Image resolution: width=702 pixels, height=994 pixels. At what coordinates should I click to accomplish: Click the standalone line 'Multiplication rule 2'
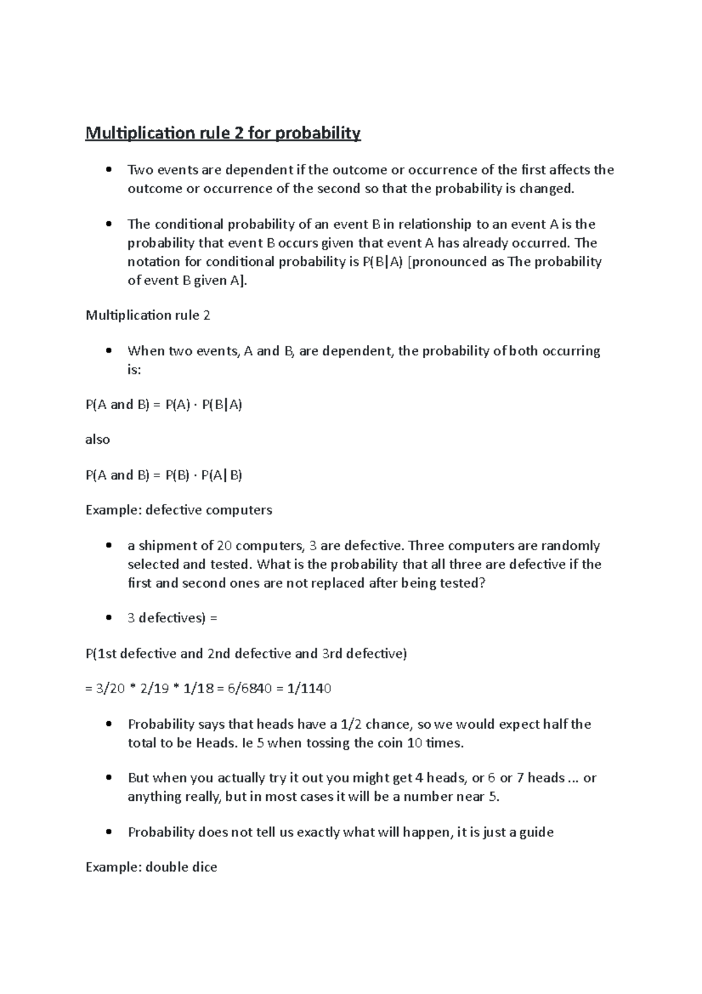148,316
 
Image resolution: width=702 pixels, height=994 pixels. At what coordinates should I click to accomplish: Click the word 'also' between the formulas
98,440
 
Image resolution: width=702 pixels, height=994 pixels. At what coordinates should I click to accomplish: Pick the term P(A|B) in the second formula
222,475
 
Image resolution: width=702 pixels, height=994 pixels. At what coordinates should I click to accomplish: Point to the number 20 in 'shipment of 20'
224,546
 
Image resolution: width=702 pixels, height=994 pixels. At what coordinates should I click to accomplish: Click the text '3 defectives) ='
172,618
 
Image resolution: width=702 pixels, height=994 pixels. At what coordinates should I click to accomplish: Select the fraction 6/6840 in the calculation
248,688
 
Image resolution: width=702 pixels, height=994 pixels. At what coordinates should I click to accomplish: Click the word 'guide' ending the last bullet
536,832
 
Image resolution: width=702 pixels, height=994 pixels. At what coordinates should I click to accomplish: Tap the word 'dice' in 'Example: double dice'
204,867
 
